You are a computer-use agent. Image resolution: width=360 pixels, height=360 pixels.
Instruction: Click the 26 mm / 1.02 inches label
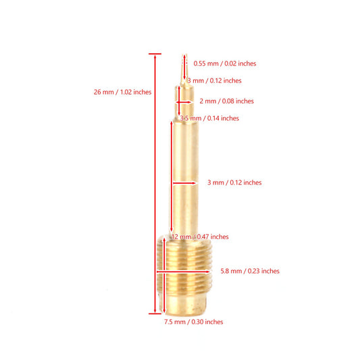point(122,92)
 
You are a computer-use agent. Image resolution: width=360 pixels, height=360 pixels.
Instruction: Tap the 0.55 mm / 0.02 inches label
point(225,63)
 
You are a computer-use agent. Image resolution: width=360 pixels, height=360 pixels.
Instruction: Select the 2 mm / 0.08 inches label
point(227,101)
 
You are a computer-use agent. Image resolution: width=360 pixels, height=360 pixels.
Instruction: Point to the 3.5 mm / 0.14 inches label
point(209,118)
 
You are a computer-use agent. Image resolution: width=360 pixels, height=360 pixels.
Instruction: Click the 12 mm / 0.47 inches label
point(200,236)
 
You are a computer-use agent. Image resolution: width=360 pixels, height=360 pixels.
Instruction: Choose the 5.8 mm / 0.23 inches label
point(250,271)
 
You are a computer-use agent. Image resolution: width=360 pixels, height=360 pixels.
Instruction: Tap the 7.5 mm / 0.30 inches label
point(194,322)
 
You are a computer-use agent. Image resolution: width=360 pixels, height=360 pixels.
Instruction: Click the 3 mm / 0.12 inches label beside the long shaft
point(234,182)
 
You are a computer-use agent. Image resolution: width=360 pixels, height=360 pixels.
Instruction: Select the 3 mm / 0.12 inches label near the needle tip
point(214,80)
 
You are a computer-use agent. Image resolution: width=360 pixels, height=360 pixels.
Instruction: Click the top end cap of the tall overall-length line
point(155,54)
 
